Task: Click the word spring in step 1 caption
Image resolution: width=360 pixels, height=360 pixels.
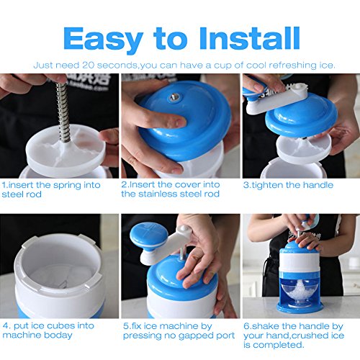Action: (x=66, y=186)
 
